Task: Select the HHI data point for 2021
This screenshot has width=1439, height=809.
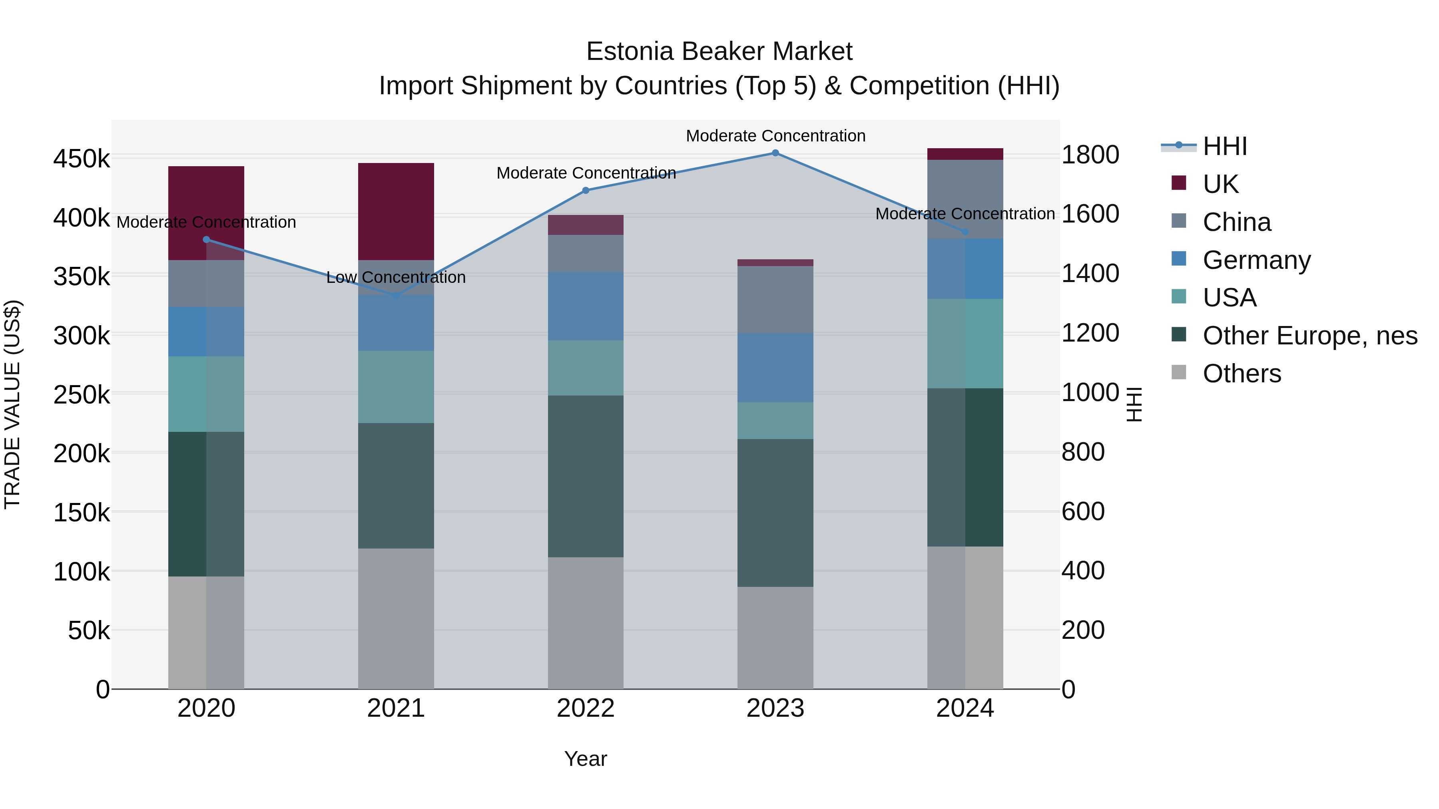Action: point(396,295)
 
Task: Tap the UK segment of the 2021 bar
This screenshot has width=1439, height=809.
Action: point(396,211)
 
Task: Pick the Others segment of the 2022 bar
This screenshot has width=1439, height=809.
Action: point(586,622)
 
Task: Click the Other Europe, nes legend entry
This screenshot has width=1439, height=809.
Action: point(1309,336)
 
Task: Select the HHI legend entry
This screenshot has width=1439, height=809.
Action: point(1224,146)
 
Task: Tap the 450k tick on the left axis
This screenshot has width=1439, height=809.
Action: point(82,159)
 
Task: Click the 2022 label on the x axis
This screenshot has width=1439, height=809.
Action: point(586,708)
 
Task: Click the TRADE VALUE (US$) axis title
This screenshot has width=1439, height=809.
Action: point(12,404)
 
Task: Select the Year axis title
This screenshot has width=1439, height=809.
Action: point(586,759)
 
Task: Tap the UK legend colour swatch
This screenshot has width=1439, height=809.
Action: point(1179,183)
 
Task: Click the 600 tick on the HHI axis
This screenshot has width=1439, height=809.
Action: point(1082,511)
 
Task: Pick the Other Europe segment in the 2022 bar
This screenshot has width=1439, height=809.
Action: point(586,476)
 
